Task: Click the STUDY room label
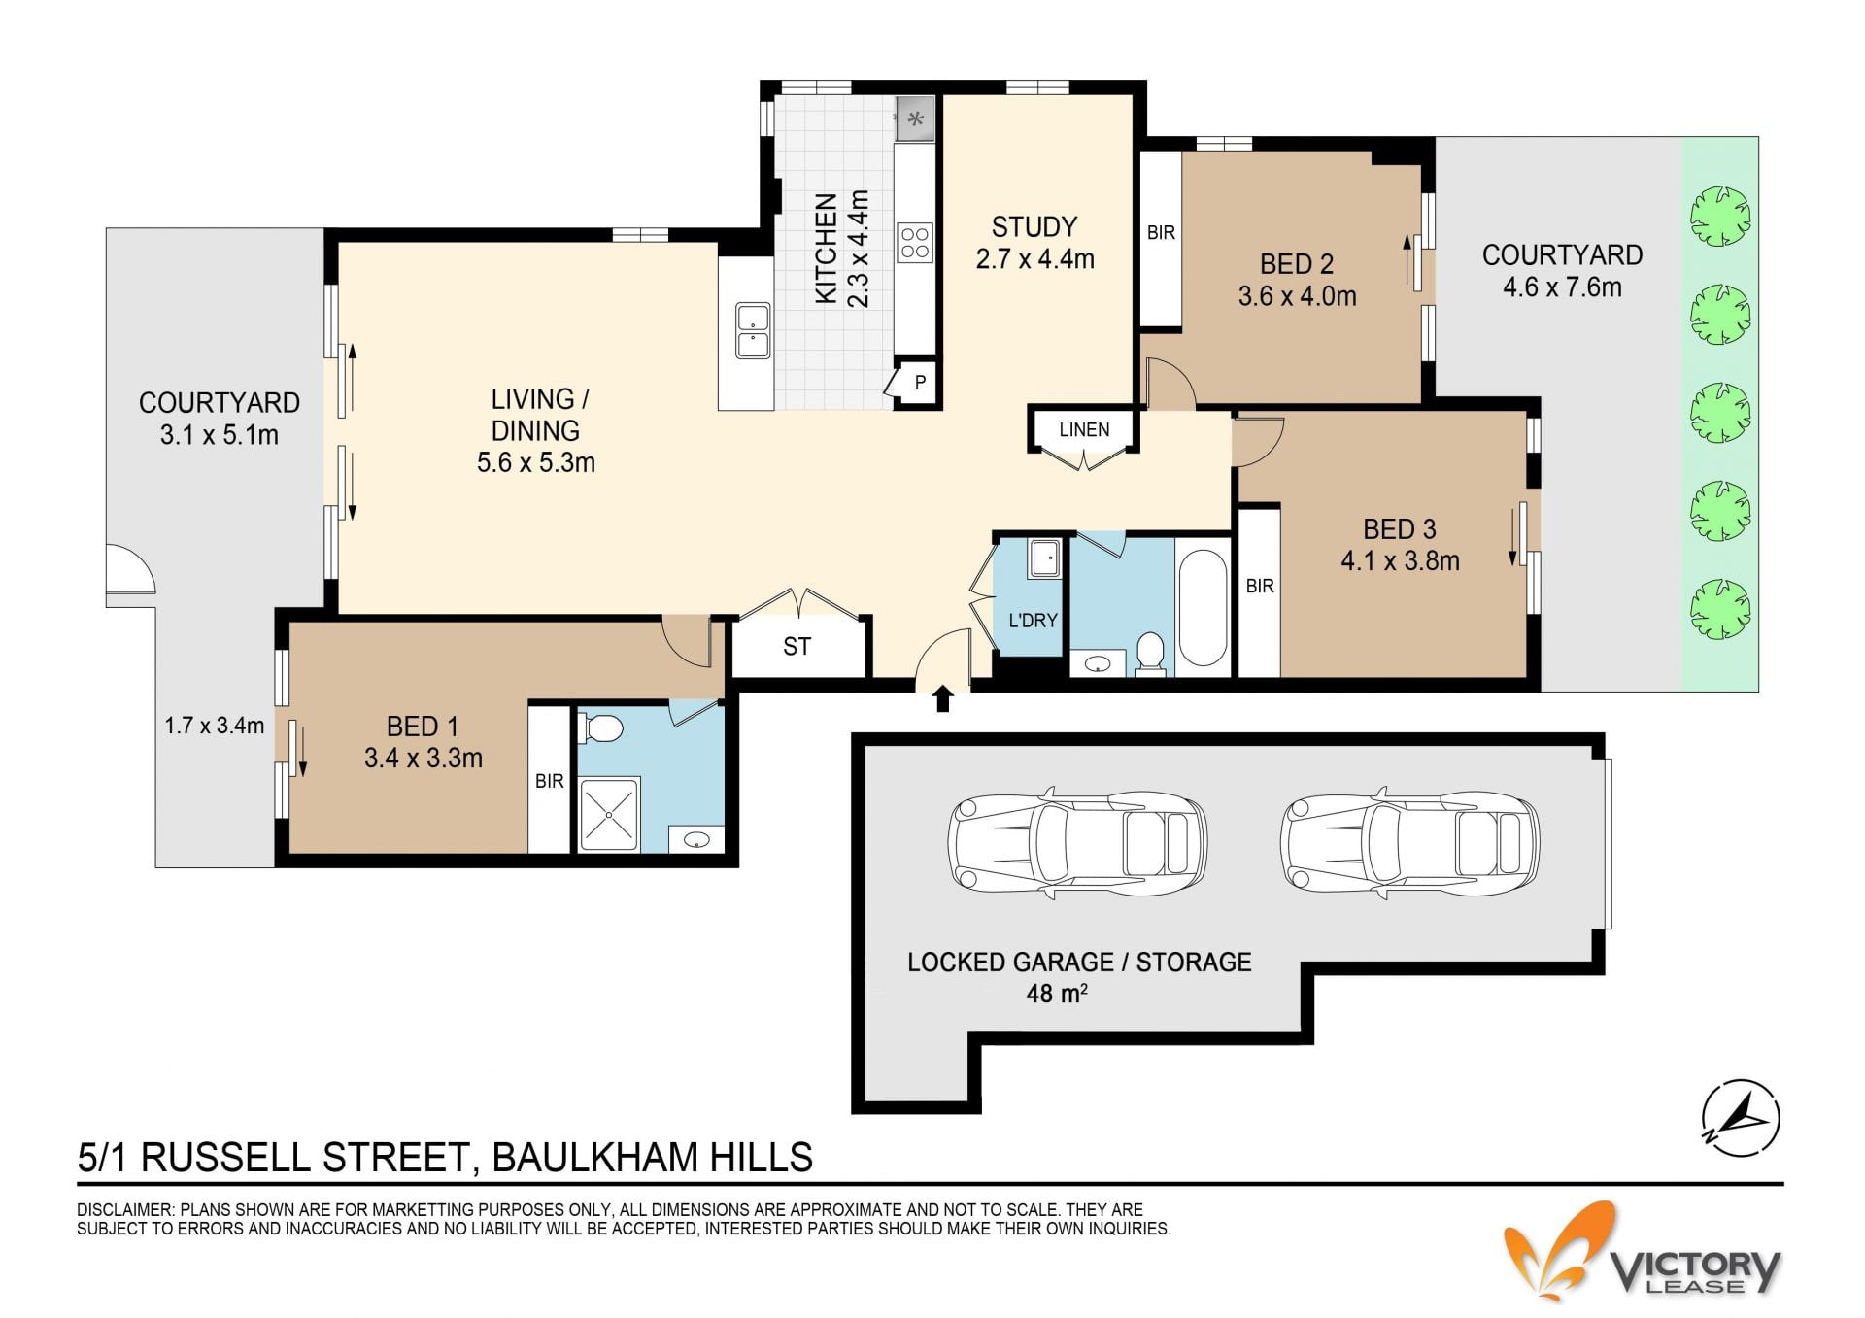click(x=1034, y=227)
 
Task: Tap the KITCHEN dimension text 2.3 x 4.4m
click(x=859, y=249)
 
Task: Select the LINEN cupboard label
click(x=1084, y=429)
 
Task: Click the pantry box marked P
click(x=918, y=383)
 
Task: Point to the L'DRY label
click(x=1033, y=620)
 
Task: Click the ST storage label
click(x=797, y=647)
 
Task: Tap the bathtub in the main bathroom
click(x=1203, y=607)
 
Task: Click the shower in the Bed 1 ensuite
click(x=609, y=814)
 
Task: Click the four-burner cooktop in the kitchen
click(x=914, y=243)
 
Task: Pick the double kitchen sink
click(x=753, y=330)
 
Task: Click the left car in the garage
click(x=1077, y=840)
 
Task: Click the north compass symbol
click(x=1741, y=1118)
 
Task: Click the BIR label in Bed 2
click(x=1161, y=233)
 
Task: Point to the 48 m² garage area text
click(x=1056, y=994)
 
